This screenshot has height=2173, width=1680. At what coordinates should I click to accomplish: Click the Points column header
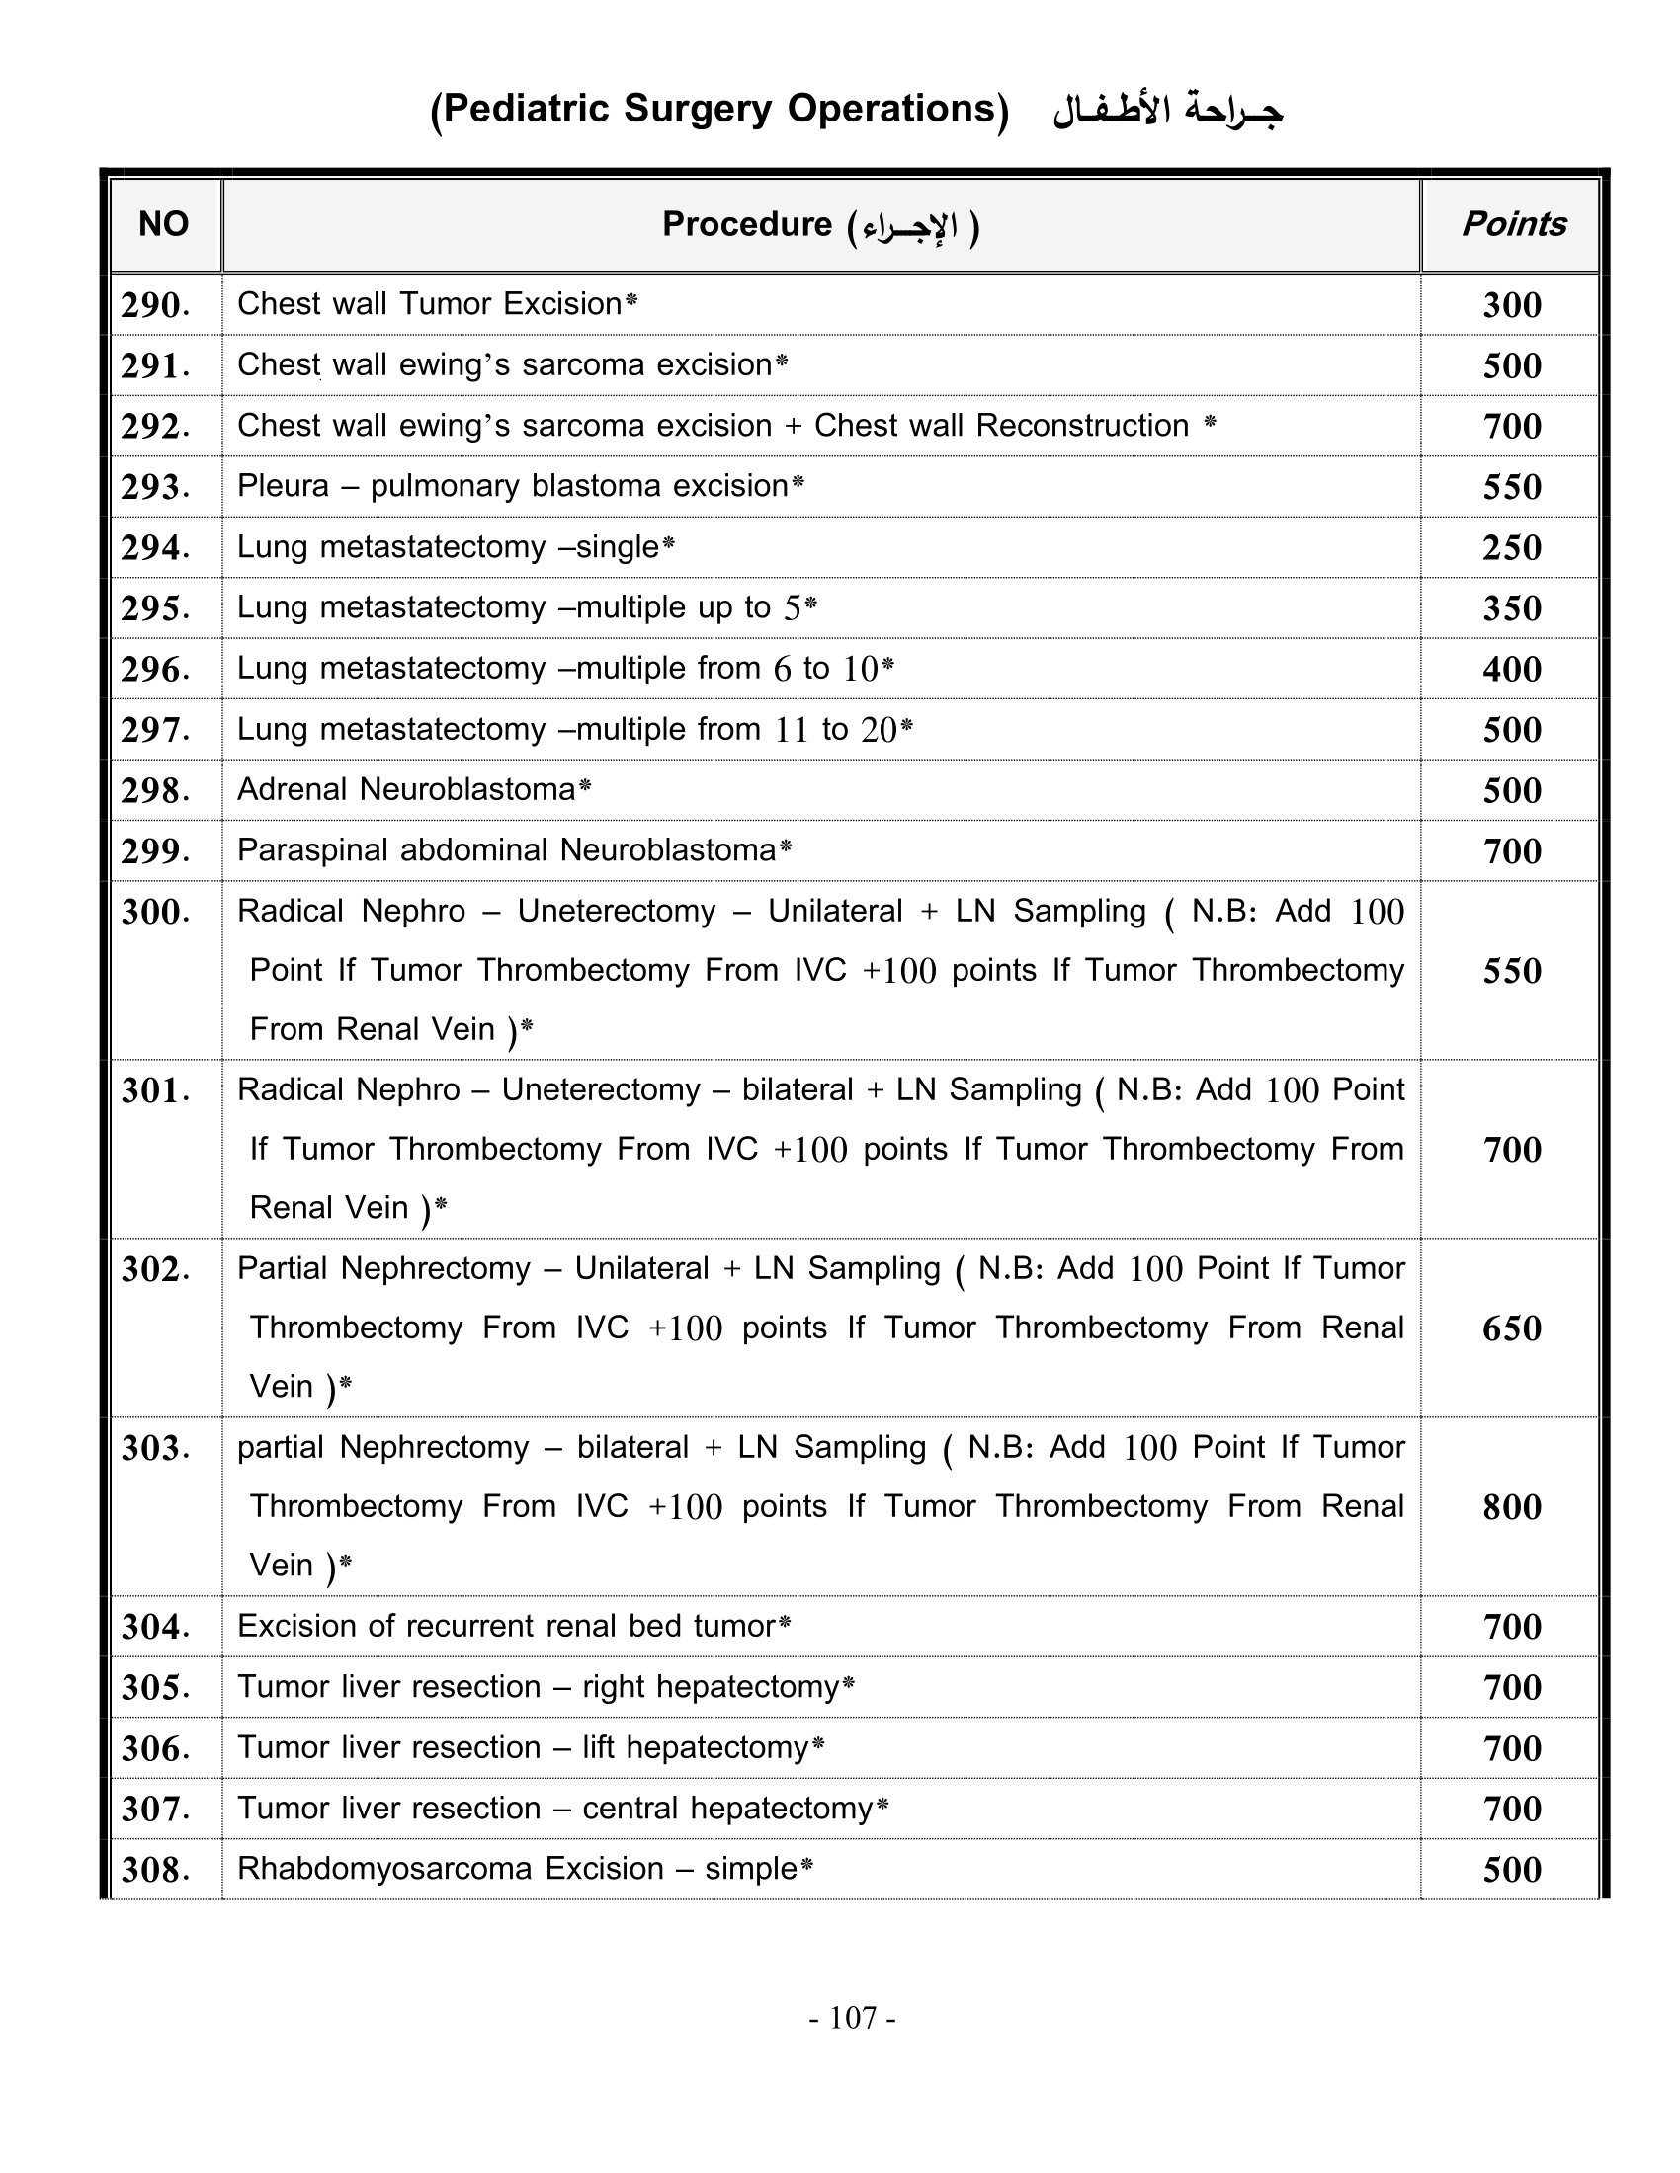click(1513, 224)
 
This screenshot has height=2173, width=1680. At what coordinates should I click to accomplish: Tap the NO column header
click(163, 224)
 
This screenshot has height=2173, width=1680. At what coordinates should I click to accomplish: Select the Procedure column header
click(820, 226)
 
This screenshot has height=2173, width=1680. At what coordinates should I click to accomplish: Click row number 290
click(155, 304)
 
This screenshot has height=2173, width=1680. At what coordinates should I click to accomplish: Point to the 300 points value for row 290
click(1512, 304)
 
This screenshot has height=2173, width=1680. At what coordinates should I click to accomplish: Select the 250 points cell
click(1512, 547)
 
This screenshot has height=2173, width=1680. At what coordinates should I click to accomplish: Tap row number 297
click(155, 729)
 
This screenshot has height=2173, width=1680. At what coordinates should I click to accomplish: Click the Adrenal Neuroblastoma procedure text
click(406, 789)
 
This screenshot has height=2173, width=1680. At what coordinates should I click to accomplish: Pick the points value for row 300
click(1512, 970)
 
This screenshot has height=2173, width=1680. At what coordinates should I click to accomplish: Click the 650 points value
click(1512, 1328)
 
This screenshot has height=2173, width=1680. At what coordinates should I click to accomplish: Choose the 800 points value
click(1512, 1506)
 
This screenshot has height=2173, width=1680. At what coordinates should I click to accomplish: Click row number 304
click(155, 1627)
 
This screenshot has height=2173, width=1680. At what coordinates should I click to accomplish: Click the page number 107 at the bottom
click(853, 2018)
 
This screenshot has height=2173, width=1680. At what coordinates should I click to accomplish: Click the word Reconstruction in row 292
click(1082, 425)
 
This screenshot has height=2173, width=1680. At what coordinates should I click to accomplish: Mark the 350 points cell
click(1512, 607)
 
